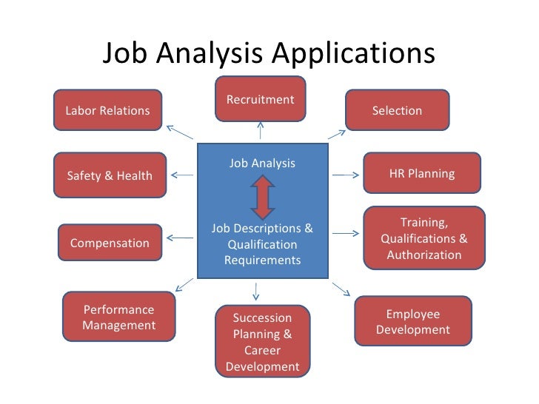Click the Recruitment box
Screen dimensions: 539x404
(260, 98)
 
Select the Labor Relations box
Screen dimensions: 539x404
(108, 110)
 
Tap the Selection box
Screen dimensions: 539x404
(397, 110)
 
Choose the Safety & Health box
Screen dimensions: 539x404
(110, 175)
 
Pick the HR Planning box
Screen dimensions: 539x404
(421, 174)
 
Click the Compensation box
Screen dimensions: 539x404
(110, 243)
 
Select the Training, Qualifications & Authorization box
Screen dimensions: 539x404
(423, 238)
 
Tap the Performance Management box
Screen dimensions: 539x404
(118, 318)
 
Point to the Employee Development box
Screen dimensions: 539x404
(412, 322)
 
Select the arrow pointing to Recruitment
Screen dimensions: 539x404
(261, 131)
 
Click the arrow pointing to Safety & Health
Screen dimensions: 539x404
(183, 175)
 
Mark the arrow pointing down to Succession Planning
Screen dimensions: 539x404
(256, 290)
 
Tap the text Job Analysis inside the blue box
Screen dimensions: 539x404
(262, 163)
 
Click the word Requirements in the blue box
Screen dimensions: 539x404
(262, 260)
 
